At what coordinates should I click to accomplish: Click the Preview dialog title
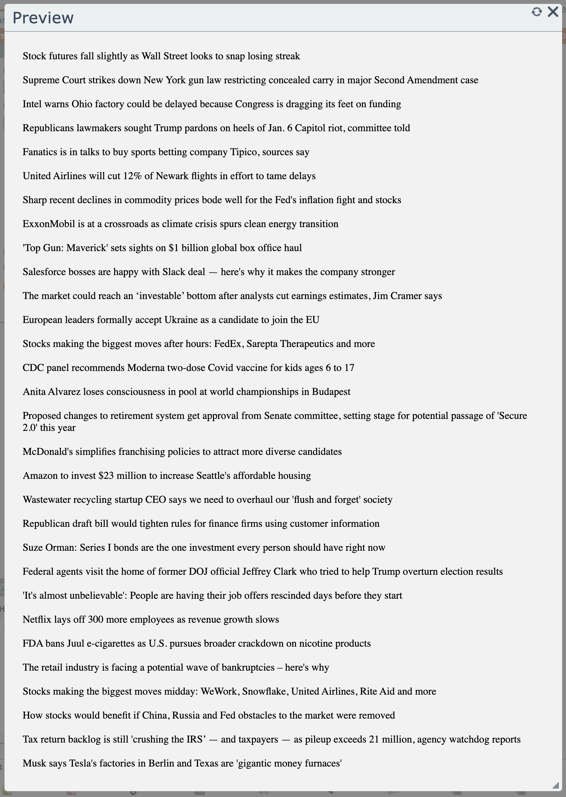pos(43,18)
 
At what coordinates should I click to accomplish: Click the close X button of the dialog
pos(553,12)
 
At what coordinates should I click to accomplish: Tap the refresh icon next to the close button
pos(537,12)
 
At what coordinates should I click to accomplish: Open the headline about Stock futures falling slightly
pos(161,56)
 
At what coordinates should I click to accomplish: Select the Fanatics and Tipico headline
pos(166,152)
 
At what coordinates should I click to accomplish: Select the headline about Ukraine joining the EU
pos(171,320)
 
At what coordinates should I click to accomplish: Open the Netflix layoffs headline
pos(150,620)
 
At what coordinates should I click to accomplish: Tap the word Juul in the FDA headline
pos(75,644)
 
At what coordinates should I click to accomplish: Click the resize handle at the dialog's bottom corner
pos(556,786)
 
